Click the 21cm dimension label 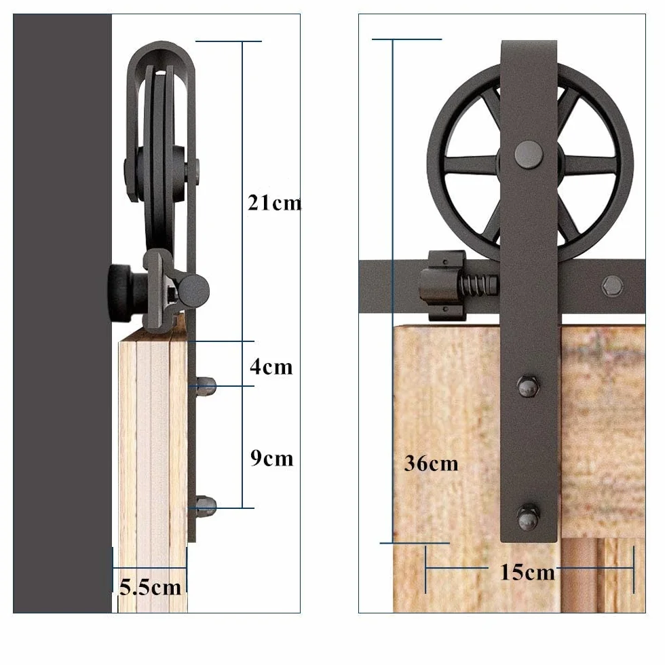click(x=274, y=203)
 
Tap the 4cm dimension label click(x=271, y=367)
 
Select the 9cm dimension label click(x=272, y=458)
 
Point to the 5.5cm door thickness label click(x=150, y=587)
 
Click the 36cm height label click(x=432, y=463)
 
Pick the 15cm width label click(x=528, y=572)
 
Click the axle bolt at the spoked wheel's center click(x=529, y=153)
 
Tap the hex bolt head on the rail click(x=612, y=286)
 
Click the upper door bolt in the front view click(x=529, y=386)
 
